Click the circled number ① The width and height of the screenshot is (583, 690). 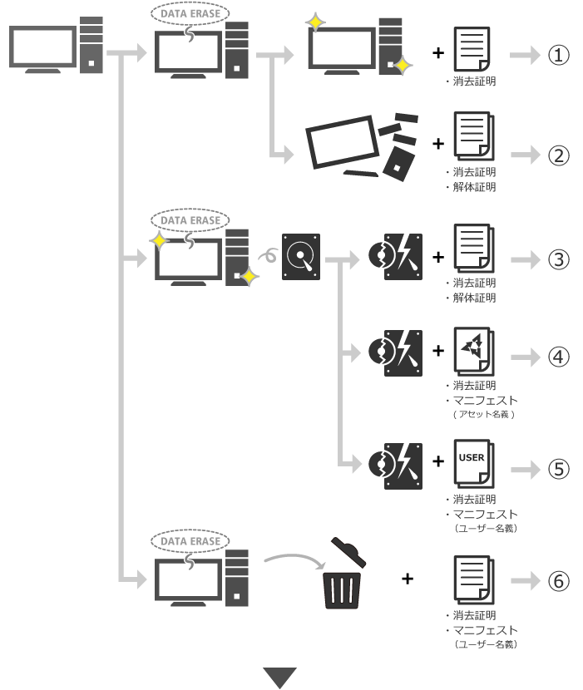coord(558,55)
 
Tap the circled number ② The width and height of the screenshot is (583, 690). coord(558,155)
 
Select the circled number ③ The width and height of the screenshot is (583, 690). coord(558,259)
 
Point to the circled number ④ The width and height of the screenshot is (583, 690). coord(558,357)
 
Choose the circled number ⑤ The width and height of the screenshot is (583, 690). coord(558,469)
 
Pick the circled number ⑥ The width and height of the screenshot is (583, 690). coord(558,581)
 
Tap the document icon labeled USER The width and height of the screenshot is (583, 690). coord(474,464)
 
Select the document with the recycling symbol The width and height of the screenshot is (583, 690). coord(474,351)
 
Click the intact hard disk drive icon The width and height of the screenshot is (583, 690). coord(301,257)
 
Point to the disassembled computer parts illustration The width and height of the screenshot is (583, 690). coord(362,147)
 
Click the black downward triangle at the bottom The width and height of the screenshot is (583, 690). coord(280,678)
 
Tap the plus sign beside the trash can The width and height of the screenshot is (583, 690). coord(408,579)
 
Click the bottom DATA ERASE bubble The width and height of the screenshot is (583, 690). coord(190,541)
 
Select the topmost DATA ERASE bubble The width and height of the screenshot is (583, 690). coord(190,13)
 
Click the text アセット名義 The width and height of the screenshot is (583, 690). coord(484,414)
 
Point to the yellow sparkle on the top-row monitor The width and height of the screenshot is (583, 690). coord(315,22)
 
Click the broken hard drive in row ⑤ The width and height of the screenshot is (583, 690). coord(395,466)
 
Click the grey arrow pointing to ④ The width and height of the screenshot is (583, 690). coord(526,357)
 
